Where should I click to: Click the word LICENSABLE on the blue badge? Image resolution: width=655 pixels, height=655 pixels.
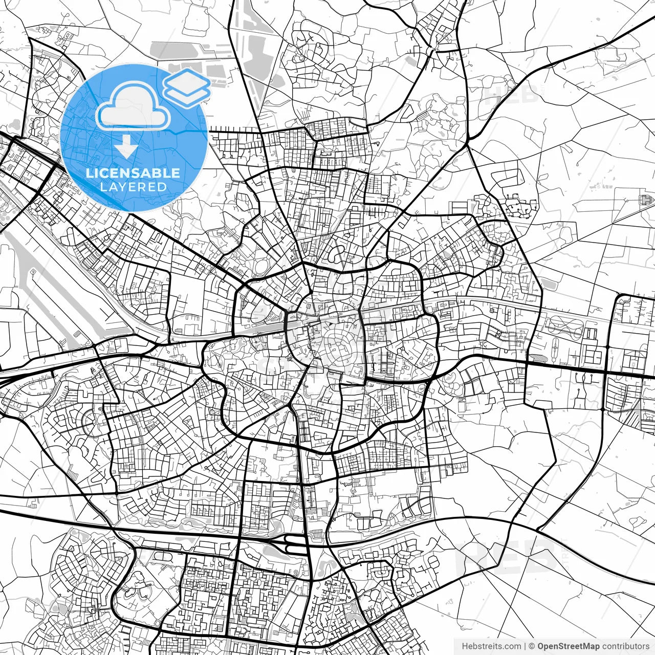pos(133,173)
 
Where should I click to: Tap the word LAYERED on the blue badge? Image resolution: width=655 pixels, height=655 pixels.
pos(133,187)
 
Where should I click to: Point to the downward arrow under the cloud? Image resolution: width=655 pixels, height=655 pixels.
pos(126,147)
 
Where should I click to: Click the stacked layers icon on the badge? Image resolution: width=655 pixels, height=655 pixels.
pos(187,86)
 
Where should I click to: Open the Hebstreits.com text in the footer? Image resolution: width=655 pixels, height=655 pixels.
pos(491,646)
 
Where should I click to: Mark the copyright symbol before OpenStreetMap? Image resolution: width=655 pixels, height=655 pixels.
pos(532,646)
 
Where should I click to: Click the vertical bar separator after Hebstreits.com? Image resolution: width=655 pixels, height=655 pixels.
pos(525,646)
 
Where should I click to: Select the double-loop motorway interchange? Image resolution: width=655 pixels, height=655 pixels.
pos(290,543)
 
